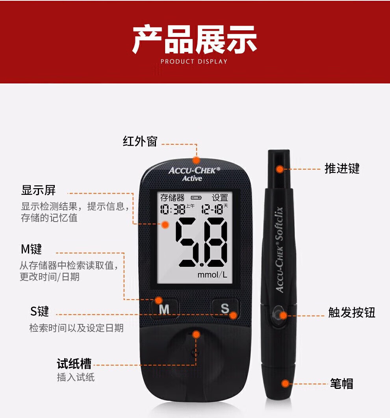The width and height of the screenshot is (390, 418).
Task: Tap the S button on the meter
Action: [x=225, y=308]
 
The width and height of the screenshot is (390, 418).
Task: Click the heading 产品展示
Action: [x=195, y=39]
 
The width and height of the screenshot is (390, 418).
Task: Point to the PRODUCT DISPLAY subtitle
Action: [x=194, y=61]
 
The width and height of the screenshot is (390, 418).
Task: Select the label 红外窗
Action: [x=140, y=141]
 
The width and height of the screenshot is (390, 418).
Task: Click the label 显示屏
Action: [x=39, y=190]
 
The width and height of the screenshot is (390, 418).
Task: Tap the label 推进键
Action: [x=342, y=168]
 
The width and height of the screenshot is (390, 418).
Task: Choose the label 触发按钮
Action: [x=352, y=312]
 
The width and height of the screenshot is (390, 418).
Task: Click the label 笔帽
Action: [x=342, y=384]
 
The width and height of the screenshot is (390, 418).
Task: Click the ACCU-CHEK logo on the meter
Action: [x=194, y=170]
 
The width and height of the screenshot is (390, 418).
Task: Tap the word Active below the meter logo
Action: [x=192, y=178]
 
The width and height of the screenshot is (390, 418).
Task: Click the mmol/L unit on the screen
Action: [x=212, y=275]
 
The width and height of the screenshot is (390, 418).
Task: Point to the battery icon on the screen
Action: [x=196, y=198]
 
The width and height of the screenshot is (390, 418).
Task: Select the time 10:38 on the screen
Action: [x=173, y=209]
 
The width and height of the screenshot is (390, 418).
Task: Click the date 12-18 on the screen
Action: [x=212, y=209]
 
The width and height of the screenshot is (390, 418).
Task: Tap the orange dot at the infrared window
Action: [x=196, y=160]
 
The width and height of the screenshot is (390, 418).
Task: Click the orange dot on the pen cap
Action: [x=285, y=384]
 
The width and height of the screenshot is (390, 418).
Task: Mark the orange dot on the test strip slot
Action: [x=196, y=334]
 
